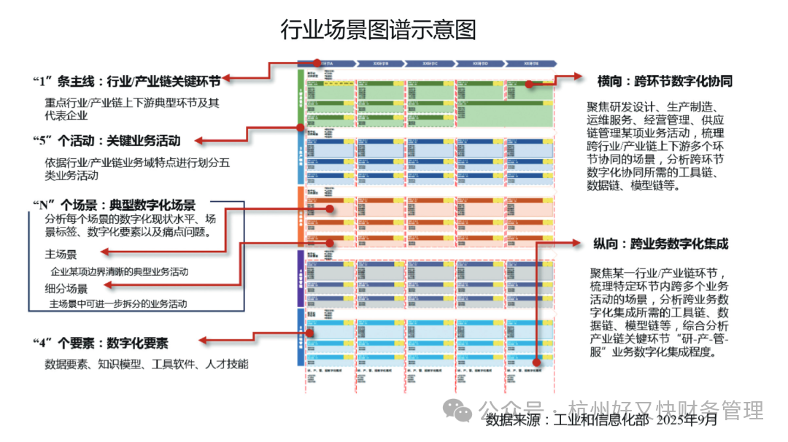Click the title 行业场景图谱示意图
pos(378,30)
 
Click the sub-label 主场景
pos(61,255)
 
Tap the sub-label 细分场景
pos(66,288)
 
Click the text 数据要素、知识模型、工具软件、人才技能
pos(146,363)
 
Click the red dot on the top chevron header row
pos(319,63)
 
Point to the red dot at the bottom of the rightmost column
pos(536,360)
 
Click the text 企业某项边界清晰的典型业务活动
pos(119,271)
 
